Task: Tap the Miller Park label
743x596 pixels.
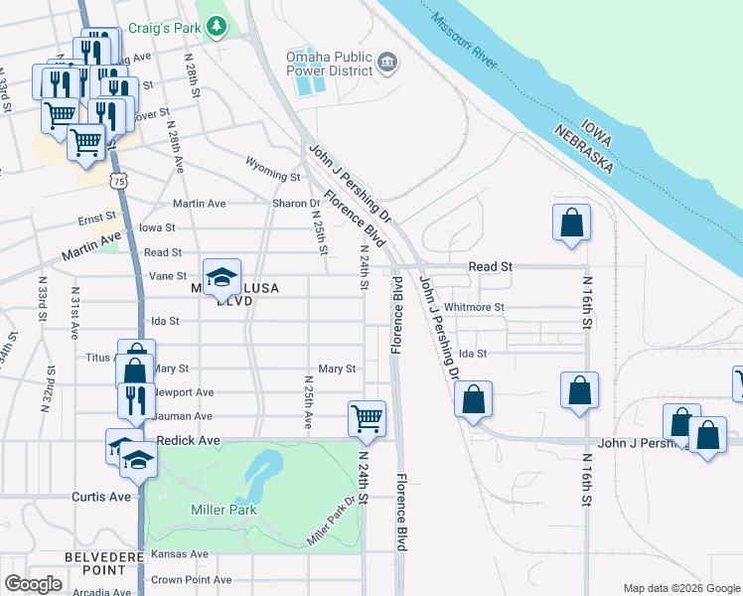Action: point(223,510)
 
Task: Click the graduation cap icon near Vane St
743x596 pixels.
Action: point(223,275)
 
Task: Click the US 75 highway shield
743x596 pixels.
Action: point(119,181)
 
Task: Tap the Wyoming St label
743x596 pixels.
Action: point(273,176)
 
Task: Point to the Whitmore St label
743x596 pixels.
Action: point(475,308)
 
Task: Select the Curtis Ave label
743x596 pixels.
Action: point(101,496)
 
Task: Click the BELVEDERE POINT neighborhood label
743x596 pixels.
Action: point(96,562)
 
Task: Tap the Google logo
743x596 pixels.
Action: point(33,584)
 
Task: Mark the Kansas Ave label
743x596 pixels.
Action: point(180,553)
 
